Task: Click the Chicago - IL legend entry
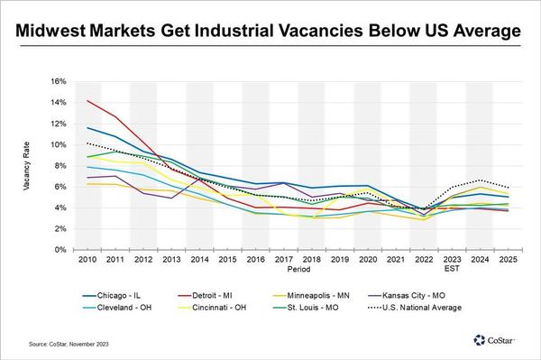tap(111, 296)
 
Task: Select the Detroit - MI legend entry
tap(205, 296)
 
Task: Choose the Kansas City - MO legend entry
tap(407, 296)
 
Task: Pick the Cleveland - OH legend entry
tap(117, 308)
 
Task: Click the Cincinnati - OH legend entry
tap(212, 308)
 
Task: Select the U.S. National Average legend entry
tap(415, 308)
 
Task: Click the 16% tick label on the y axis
tap(58, 81)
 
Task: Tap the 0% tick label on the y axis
tap(60, 250)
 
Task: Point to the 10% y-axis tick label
tap(58, 144)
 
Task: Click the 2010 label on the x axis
tap(87, 259)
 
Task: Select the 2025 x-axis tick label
tap(509, 259)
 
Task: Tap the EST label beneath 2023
tap(452, 269)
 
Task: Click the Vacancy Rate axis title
tap(26, 166)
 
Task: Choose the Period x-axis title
tap(298, 269)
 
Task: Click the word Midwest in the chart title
tap(50, 31)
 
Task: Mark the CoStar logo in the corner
tap(494, 340)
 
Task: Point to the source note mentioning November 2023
tap(69, 344)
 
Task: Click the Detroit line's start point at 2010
tap(87, 100)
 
